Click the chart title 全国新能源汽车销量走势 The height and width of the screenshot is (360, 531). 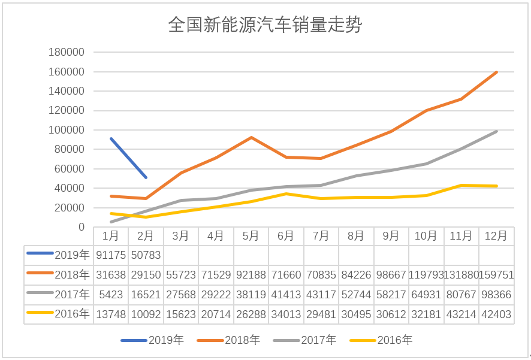pos(265,25)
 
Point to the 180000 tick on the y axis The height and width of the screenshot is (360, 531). pos(67,53)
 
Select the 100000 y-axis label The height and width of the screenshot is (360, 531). pos(67,130)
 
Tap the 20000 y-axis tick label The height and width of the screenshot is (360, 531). pos(70,208)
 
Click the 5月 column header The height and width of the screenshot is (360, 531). pos(251,236)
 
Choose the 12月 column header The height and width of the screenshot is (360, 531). pos(496,236)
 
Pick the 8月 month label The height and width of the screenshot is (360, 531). pos(356,236)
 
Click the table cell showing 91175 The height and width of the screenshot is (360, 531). pos(110,255)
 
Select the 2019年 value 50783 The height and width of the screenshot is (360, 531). pos(146,255)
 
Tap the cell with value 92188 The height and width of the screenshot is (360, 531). pos(251,275)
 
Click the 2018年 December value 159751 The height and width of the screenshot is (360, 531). pos(496,275)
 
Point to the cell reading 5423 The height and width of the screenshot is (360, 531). pos(110,294)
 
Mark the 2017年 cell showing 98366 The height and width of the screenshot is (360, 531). pos(496,294)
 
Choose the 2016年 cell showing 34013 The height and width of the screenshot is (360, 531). pos(286,313)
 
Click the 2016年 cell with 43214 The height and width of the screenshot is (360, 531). pos(461,313)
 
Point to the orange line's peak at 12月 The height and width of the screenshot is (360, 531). pos(496,72)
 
